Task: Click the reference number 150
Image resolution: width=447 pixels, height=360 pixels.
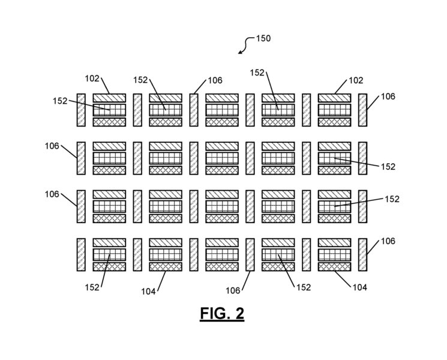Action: point(263,38)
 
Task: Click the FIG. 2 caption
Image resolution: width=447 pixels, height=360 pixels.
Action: point(223,313)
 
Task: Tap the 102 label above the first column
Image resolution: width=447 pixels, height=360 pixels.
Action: point(92,78)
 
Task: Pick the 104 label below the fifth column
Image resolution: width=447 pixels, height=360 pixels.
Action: point(358,287)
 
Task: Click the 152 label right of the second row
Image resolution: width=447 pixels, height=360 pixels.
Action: point(387,166)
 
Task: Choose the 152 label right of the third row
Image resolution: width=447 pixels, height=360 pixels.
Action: point(391,199)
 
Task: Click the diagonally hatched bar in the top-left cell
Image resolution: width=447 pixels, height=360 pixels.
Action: point(109,97)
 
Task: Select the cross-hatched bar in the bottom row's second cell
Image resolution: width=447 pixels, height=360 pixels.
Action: point(165,266)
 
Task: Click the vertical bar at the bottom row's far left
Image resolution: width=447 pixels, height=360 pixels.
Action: point(82,255)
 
